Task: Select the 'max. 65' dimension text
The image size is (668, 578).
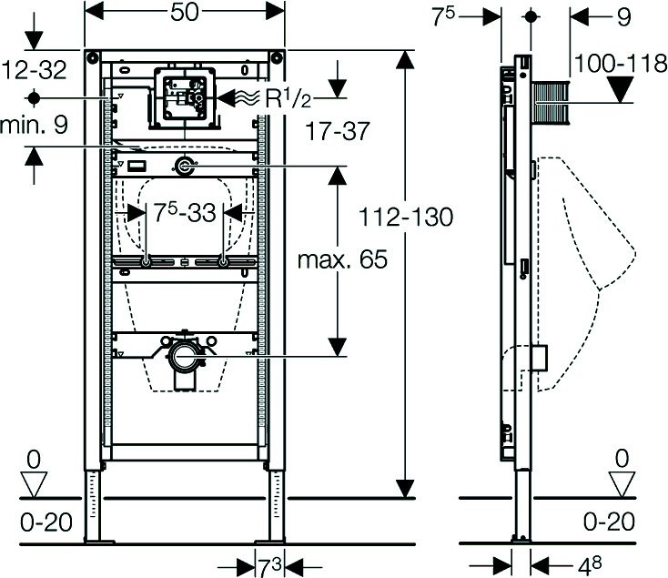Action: point(342,259)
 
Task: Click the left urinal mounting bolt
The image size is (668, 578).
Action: point(146,262)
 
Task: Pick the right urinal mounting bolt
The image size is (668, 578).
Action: point(224,262)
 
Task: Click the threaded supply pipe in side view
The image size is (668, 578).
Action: point(549,101)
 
